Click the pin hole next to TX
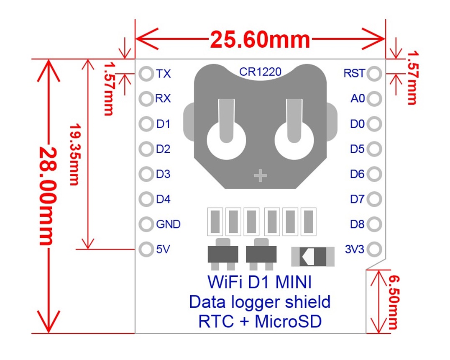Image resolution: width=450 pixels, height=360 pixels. (x=146, y=74)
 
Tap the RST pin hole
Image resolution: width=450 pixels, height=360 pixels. (x=374, y=74)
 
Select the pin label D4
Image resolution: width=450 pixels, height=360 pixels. (x=163, y=199)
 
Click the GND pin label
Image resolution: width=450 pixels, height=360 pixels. (x=168, y=224)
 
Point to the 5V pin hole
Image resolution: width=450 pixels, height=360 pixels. (x=146, y=249)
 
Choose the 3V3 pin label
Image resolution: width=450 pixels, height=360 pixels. (x=355, y=249)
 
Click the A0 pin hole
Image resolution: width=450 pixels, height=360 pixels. (x=374, y=99)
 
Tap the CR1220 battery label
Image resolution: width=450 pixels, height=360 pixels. (x=260, y=72)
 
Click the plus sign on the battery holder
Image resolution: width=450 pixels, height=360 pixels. (x=260, y=176)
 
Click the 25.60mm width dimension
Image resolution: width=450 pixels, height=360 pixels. (x=260, y=40)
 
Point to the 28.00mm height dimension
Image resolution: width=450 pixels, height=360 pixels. (x=46, y=196)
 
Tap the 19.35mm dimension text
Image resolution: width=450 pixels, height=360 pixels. (x=75, y=154)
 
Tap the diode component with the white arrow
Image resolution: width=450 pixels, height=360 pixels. (x=313, y=257)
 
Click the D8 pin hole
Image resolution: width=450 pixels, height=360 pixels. (x=374, y=224)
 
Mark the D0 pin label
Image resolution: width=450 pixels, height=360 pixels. (x=358, y=124)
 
